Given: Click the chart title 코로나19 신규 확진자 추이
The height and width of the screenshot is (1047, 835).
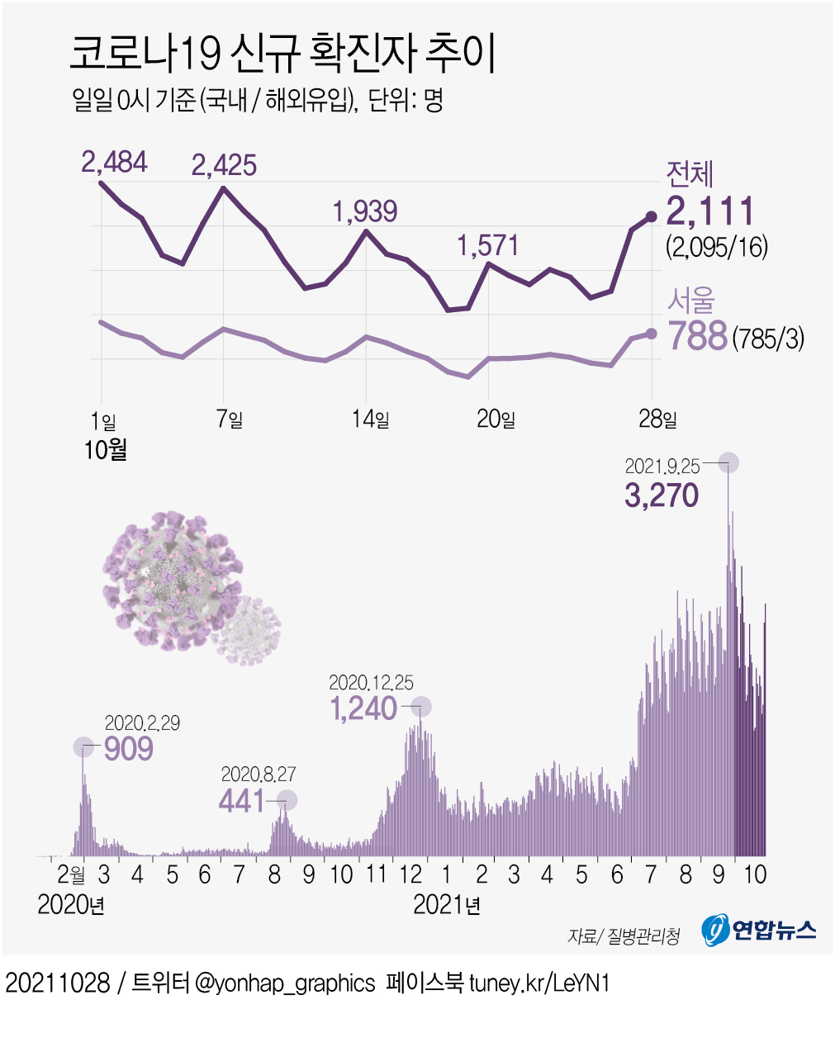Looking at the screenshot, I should [282, 54].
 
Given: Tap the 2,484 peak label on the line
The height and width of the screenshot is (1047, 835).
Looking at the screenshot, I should [114, 161].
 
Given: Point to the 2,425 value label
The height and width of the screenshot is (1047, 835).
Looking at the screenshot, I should [224, 165].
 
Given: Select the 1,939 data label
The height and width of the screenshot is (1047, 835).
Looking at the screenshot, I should [365, 211].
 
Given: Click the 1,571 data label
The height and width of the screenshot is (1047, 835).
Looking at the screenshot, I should [488, 245].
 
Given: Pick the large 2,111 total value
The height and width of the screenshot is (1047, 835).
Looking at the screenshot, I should [710, 211].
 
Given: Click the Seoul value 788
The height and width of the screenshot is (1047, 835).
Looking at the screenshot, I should [697, 336].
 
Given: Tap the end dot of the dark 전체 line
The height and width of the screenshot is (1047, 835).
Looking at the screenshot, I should [651, 216].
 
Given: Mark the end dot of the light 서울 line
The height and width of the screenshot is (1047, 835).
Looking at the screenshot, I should [651, 333].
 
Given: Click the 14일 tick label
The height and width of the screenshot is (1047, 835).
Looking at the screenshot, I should [370, 419].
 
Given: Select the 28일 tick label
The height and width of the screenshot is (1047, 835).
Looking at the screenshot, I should [657, 419].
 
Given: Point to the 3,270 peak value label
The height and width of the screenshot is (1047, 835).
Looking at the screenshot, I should [662, 495].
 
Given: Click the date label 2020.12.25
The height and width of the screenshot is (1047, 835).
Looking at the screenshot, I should [371, 683].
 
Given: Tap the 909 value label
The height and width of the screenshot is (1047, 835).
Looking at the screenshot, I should [129, 748].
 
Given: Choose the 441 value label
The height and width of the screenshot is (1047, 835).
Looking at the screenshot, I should [242, 800].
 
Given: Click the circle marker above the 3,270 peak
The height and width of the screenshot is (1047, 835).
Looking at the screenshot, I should [728, 462].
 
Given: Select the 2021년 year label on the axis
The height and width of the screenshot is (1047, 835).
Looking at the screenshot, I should [447, 905].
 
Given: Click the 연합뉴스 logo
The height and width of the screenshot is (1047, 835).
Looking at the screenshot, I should [759, 931].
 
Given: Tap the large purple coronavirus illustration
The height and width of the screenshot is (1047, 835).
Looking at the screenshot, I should [172, 578].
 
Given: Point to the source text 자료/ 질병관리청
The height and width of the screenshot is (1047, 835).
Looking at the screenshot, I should [624, 936].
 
